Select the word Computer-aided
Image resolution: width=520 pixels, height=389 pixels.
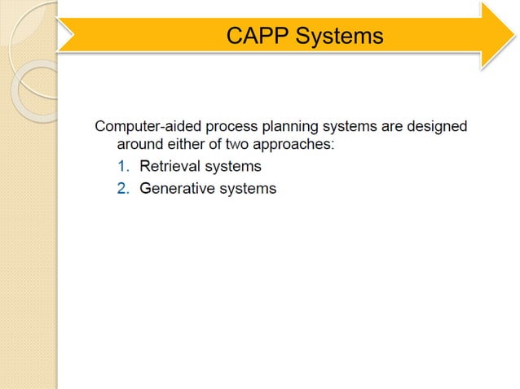pos(146,127)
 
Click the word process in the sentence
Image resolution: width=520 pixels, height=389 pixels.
pos(227,127)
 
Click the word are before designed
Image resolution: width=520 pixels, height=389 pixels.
pos(398,127)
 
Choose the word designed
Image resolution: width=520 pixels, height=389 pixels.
pos(440,127)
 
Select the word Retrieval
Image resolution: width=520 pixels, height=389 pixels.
pos(170,167)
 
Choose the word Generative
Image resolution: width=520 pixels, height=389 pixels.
pos(177,189)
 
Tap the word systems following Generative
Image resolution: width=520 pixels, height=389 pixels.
pos(247,189)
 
